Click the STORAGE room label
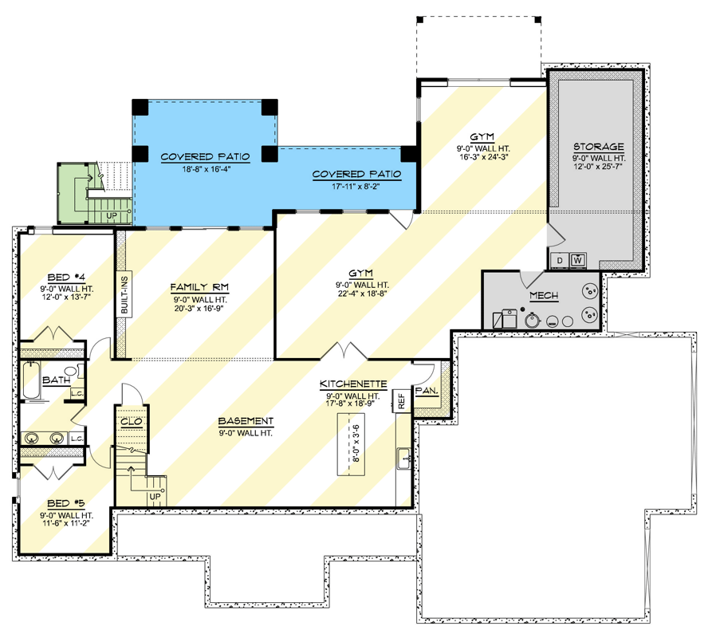pos(598,148)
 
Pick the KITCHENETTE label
pos(348,384)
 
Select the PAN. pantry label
pos(425,391)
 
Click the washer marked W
pos(576,260)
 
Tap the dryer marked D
pos(559,260)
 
